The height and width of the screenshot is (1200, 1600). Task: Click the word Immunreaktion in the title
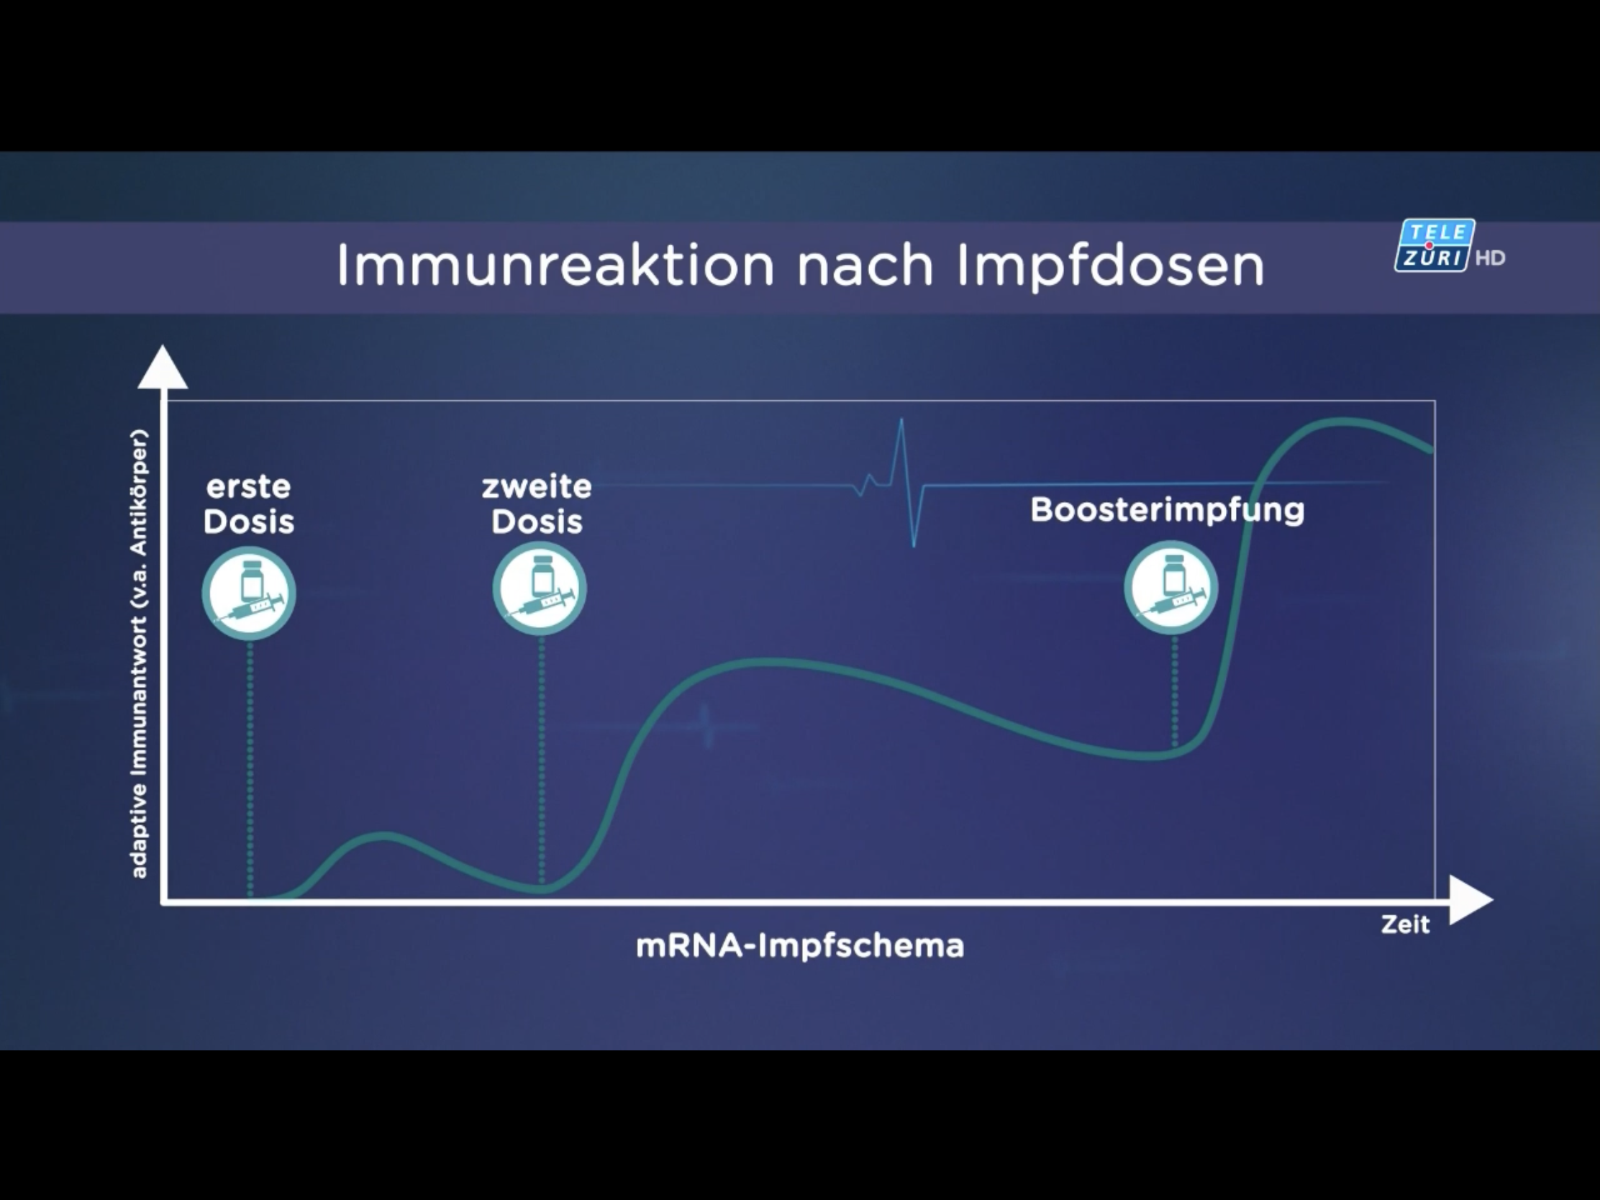(x=555, y=265)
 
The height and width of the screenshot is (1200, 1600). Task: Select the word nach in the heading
(x=865, y=265)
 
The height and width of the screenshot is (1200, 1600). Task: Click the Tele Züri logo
(x=1434, y=246)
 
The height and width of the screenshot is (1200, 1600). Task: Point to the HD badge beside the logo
(x=1490, y=258)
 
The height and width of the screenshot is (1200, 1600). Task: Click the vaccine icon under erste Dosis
(x=249, y=593)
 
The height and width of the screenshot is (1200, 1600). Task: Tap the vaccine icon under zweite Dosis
(x=540, y=588)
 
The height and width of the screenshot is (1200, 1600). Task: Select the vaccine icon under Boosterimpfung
(x=1171, y=587)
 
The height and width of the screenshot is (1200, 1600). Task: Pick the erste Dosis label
(x=249, y=504)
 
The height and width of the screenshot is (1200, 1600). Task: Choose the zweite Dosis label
(x=537, y=504)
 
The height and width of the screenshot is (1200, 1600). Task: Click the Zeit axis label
(x=1406, y=924)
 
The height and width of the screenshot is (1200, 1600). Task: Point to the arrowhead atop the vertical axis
(x=163, y=368)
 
